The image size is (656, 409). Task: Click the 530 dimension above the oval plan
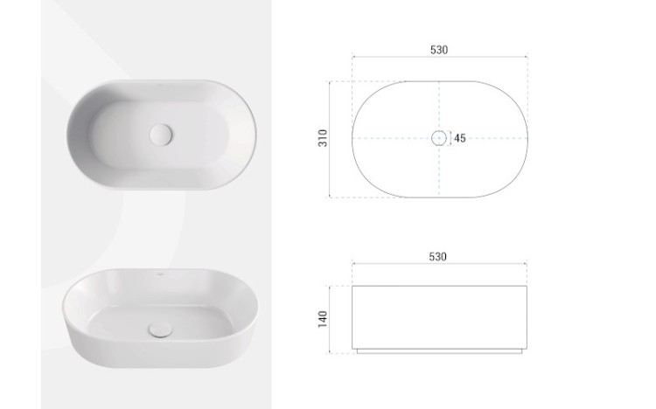[x=439, y=50]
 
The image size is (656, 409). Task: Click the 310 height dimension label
[x=323, y=138]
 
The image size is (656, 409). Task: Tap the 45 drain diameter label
[x=460, y=138]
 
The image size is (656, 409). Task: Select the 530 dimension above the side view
[x=437, y=256]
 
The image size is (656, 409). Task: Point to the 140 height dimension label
[x=323, y=319]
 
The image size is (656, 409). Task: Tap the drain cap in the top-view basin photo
[x=161, y=135]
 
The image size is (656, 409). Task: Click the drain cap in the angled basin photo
[x=160, y=329]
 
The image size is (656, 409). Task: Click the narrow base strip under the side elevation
[x=439, y=351]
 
